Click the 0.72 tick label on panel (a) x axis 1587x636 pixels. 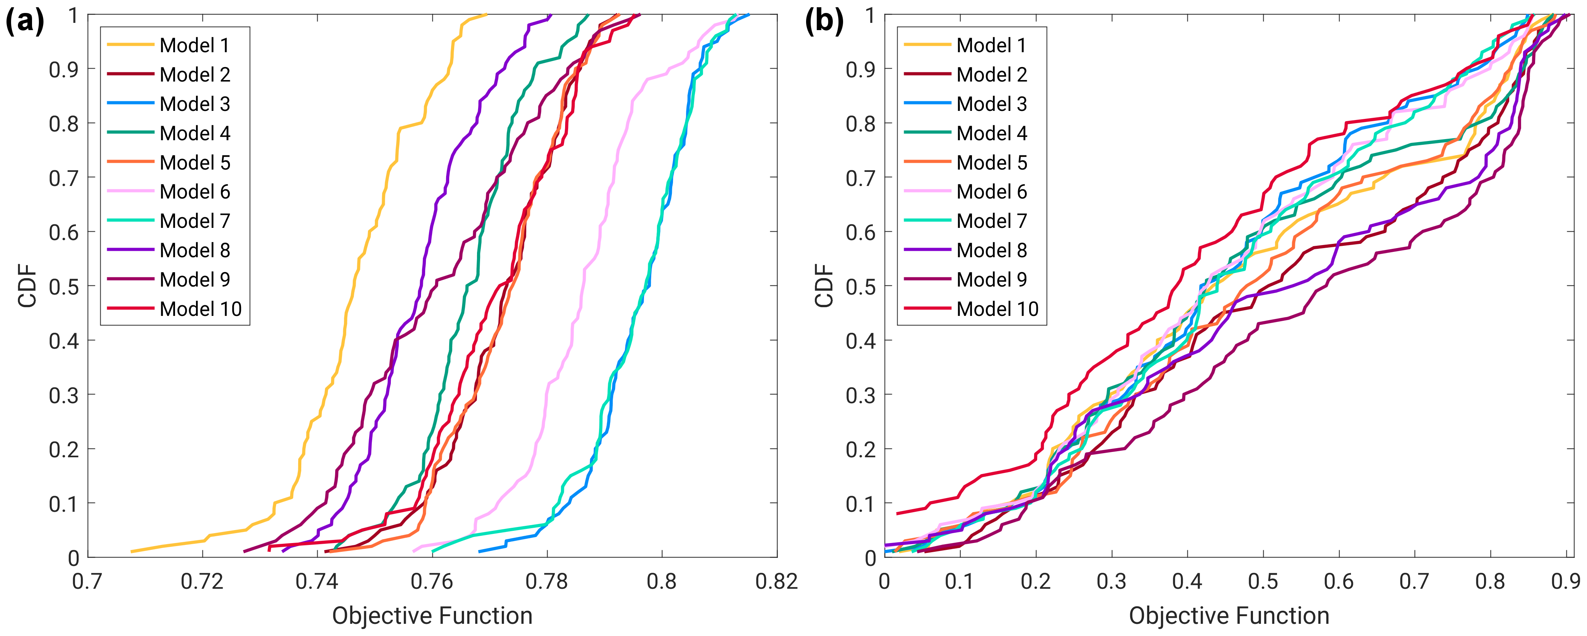[202, 581]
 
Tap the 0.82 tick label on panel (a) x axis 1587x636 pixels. [776, 581]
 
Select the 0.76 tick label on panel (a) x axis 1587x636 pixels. [432, 581]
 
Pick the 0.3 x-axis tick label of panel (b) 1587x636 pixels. [1112, 581]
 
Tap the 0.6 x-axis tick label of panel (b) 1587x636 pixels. [1339, 581]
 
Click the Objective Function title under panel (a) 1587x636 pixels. [432, 616]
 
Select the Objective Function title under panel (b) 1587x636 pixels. [1229, 616]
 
